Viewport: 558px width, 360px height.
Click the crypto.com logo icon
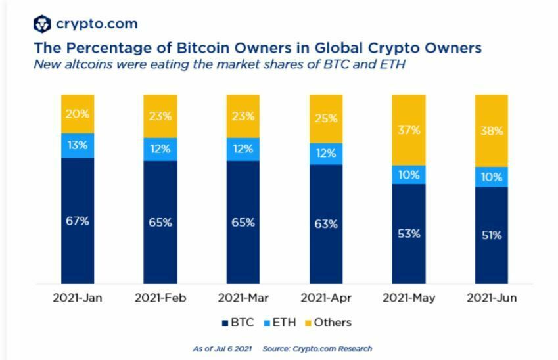click(42, 24)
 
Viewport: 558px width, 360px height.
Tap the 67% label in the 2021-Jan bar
click(78, 221)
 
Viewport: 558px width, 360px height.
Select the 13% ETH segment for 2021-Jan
click(78, 145)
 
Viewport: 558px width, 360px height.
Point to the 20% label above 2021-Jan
click(78, 113)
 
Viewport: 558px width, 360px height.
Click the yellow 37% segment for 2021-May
click(409, 129)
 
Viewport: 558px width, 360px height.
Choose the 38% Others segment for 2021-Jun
click(492, 130)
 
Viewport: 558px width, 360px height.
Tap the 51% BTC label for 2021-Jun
click(492, 235)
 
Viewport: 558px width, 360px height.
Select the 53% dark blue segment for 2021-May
click(409, 233)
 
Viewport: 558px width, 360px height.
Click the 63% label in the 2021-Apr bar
click(326, 224)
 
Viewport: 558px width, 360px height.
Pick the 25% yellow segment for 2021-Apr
click(326, 118)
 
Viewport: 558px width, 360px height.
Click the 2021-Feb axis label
click(160, 298)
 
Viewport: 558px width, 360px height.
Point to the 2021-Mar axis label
click(243, 298)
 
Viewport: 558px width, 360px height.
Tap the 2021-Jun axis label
click(492, 298)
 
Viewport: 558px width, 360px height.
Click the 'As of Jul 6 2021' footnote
click(222, 349)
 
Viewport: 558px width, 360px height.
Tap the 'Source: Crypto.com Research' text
click(317, 349)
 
